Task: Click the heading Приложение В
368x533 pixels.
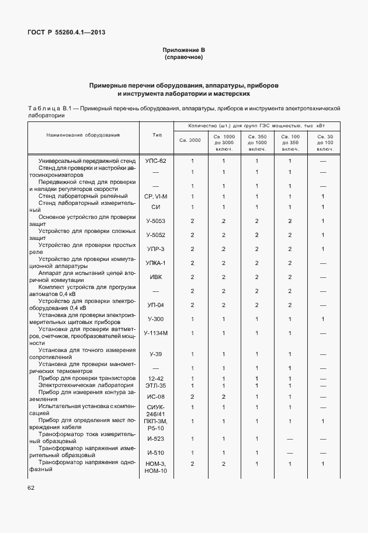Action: [x=183, y=51]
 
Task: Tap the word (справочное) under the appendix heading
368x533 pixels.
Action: [x=183, y=58]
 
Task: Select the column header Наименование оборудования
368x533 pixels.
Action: [x=83, y=135]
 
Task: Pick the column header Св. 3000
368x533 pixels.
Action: [x=190, y=140]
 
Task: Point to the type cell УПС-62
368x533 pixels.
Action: [x=156, y=161]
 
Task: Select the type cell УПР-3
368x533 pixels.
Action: [x=156, y=249]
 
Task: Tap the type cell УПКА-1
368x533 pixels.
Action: [x=156, y=263]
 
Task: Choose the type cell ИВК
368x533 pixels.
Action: [x=156, y=277]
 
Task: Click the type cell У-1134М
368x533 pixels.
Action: [x=156, y=333]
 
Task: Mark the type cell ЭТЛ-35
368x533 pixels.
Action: [x=156, y=385]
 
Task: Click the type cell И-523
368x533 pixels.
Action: [x=156, y=438]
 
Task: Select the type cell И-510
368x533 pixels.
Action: [x=156, y=452]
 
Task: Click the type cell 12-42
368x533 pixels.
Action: [x=156, y=378]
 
